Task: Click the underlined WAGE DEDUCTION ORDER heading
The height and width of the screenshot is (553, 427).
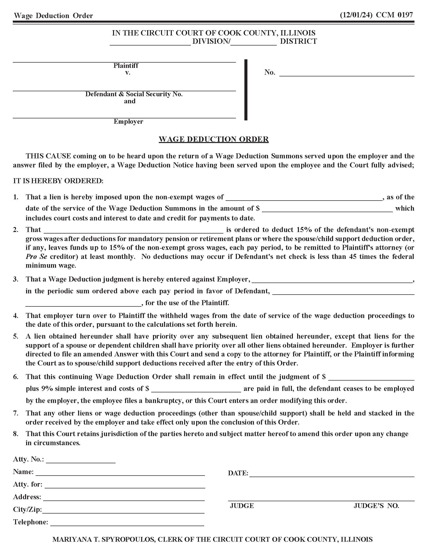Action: [x=213, y=139]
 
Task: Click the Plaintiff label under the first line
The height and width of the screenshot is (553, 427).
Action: [x=126, y=66]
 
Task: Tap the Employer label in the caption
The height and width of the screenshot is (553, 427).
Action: [x=128, y=122]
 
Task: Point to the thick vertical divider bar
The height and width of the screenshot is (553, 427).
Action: [x=246, y=90]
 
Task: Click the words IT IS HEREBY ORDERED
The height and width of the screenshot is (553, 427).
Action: [x=58, y=181]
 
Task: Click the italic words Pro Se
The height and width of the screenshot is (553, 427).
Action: [x=36, y=256]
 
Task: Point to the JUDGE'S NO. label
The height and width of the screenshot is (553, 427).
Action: [x=376, y=506]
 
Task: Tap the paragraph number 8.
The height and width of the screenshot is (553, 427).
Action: [x=16, y=434]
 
